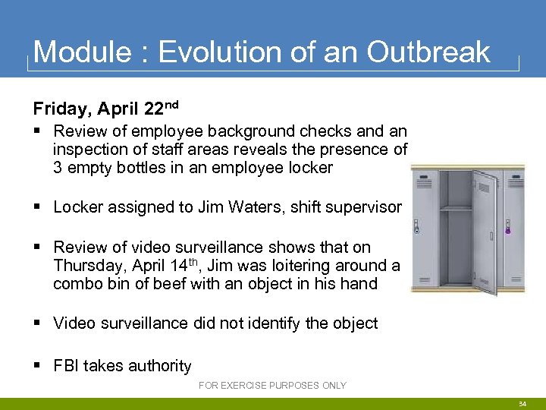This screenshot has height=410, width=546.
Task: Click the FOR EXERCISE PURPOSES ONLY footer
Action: (272, 386)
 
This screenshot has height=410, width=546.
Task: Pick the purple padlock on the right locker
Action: (507, 227)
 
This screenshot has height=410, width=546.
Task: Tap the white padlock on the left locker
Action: (416, 227)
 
